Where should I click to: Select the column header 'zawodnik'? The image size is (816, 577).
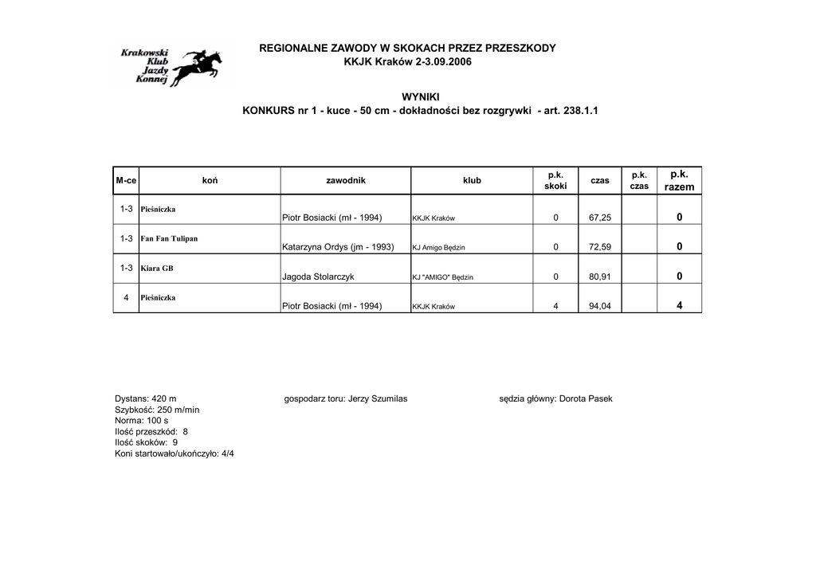pos(346,181)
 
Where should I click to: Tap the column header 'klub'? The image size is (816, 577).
pos(472,181)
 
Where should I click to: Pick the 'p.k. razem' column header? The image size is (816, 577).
pos(679,180)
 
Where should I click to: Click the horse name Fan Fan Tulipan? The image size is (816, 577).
pos(169,238)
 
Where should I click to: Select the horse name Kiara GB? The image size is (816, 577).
pos(157,268)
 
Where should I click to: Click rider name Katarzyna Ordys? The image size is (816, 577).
pos(338,247)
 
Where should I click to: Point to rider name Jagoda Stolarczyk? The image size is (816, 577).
pos(318,277)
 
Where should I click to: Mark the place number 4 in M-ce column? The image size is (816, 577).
pos(126,297)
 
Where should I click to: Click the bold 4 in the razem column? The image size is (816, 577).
pos(679,306)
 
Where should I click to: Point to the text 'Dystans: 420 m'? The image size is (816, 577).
pos(146,398)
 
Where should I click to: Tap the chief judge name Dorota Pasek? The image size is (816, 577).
pos(586,398)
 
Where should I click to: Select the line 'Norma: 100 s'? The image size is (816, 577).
pos(142,420)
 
